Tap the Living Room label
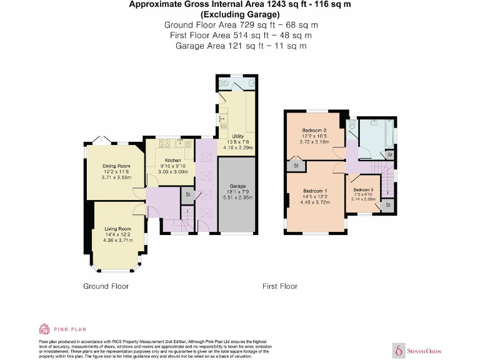click(117, 229)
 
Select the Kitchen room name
click(172, 161)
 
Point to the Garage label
click(237, 186)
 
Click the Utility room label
click(237, 136)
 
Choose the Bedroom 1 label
click(314, 191)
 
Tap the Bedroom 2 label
click(315, 130)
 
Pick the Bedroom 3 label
click(363, 189)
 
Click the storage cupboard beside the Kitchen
click(187, 195)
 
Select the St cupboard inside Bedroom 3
click(387, 204)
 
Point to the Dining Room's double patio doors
click(101, 140)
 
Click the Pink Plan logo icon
click(45, 329)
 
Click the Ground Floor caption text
click(106, 286)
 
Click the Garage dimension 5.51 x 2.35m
click(237, 197)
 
